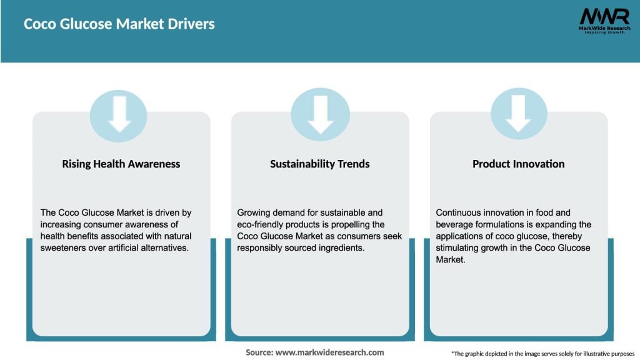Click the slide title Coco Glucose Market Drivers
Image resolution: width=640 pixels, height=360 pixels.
coord(119,24)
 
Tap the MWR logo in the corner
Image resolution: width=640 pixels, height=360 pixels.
coord(604,21)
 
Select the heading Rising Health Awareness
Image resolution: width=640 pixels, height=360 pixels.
coord(121,164)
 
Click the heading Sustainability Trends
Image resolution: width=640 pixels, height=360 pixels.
coord(320,164)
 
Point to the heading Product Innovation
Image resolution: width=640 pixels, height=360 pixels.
coord(518,164)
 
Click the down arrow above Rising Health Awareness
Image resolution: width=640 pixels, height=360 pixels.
coord(119,114)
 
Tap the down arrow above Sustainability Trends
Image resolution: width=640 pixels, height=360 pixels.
coord(320,114)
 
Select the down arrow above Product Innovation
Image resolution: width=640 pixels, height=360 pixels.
coord(519,114)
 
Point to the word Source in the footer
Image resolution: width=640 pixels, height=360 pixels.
coord(259,352)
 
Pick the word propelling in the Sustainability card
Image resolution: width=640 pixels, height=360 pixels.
coord(365,224)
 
